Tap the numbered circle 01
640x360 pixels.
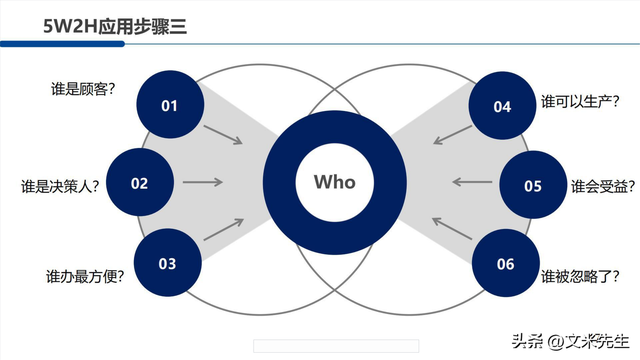168,105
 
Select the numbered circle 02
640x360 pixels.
139,183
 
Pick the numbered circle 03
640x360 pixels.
167,263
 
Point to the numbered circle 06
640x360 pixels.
504,264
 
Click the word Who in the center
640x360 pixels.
335,182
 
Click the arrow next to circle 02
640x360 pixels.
203,182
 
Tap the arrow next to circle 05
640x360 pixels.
470,182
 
